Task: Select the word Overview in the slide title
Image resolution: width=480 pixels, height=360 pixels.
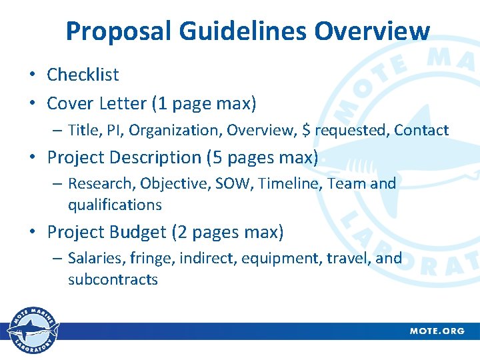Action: tap(373, 31)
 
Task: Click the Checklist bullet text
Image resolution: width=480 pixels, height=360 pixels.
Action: tap(83, 75)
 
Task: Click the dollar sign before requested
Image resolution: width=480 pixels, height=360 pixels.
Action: tap(306, 130)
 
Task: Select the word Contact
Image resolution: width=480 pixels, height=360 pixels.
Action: tap(421, 130)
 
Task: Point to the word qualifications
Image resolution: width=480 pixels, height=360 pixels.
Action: tap(115, 205)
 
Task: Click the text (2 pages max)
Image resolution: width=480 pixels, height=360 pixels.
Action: tap(227, 232)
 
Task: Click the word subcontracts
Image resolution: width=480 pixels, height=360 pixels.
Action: tap(113, 279)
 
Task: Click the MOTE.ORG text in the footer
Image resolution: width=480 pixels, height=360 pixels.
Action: tap(437, 331)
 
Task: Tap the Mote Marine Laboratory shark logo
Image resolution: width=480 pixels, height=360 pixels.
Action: tap(33, 331)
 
